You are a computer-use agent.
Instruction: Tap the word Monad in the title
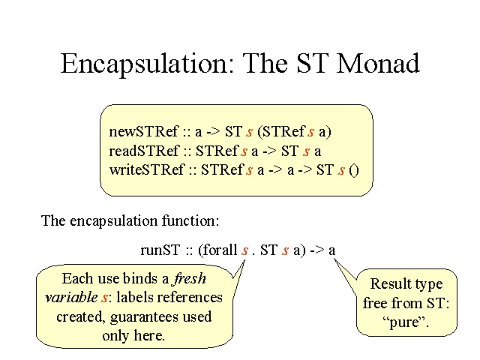point(378,63)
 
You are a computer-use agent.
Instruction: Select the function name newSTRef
point(143,132)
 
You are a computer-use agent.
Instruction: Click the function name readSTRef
point(144,151)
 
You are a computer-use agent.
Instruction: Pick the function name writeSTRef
point(147,169)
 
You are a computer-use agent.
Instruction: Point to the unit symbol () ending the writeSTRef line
point(353,170)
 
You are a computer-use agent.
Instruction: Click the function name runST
point(160,250)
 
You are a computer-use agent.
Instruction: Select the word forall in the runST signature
point(220,250)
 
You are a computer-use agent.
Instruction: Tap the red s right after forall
point(244,251)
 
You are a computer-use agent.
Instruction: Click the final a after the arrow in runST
point(331,251)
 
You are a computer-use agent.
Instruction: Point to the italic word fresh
point(190,278)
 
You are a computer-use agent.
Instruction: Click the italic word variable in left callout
point(71,297)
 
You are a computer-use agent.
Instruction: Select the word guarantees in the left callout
point(145,317)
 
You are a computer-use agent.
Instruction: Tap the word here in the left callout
point(148,335)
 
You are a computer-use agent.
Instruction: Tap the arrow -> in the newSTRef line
point(213,132)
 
